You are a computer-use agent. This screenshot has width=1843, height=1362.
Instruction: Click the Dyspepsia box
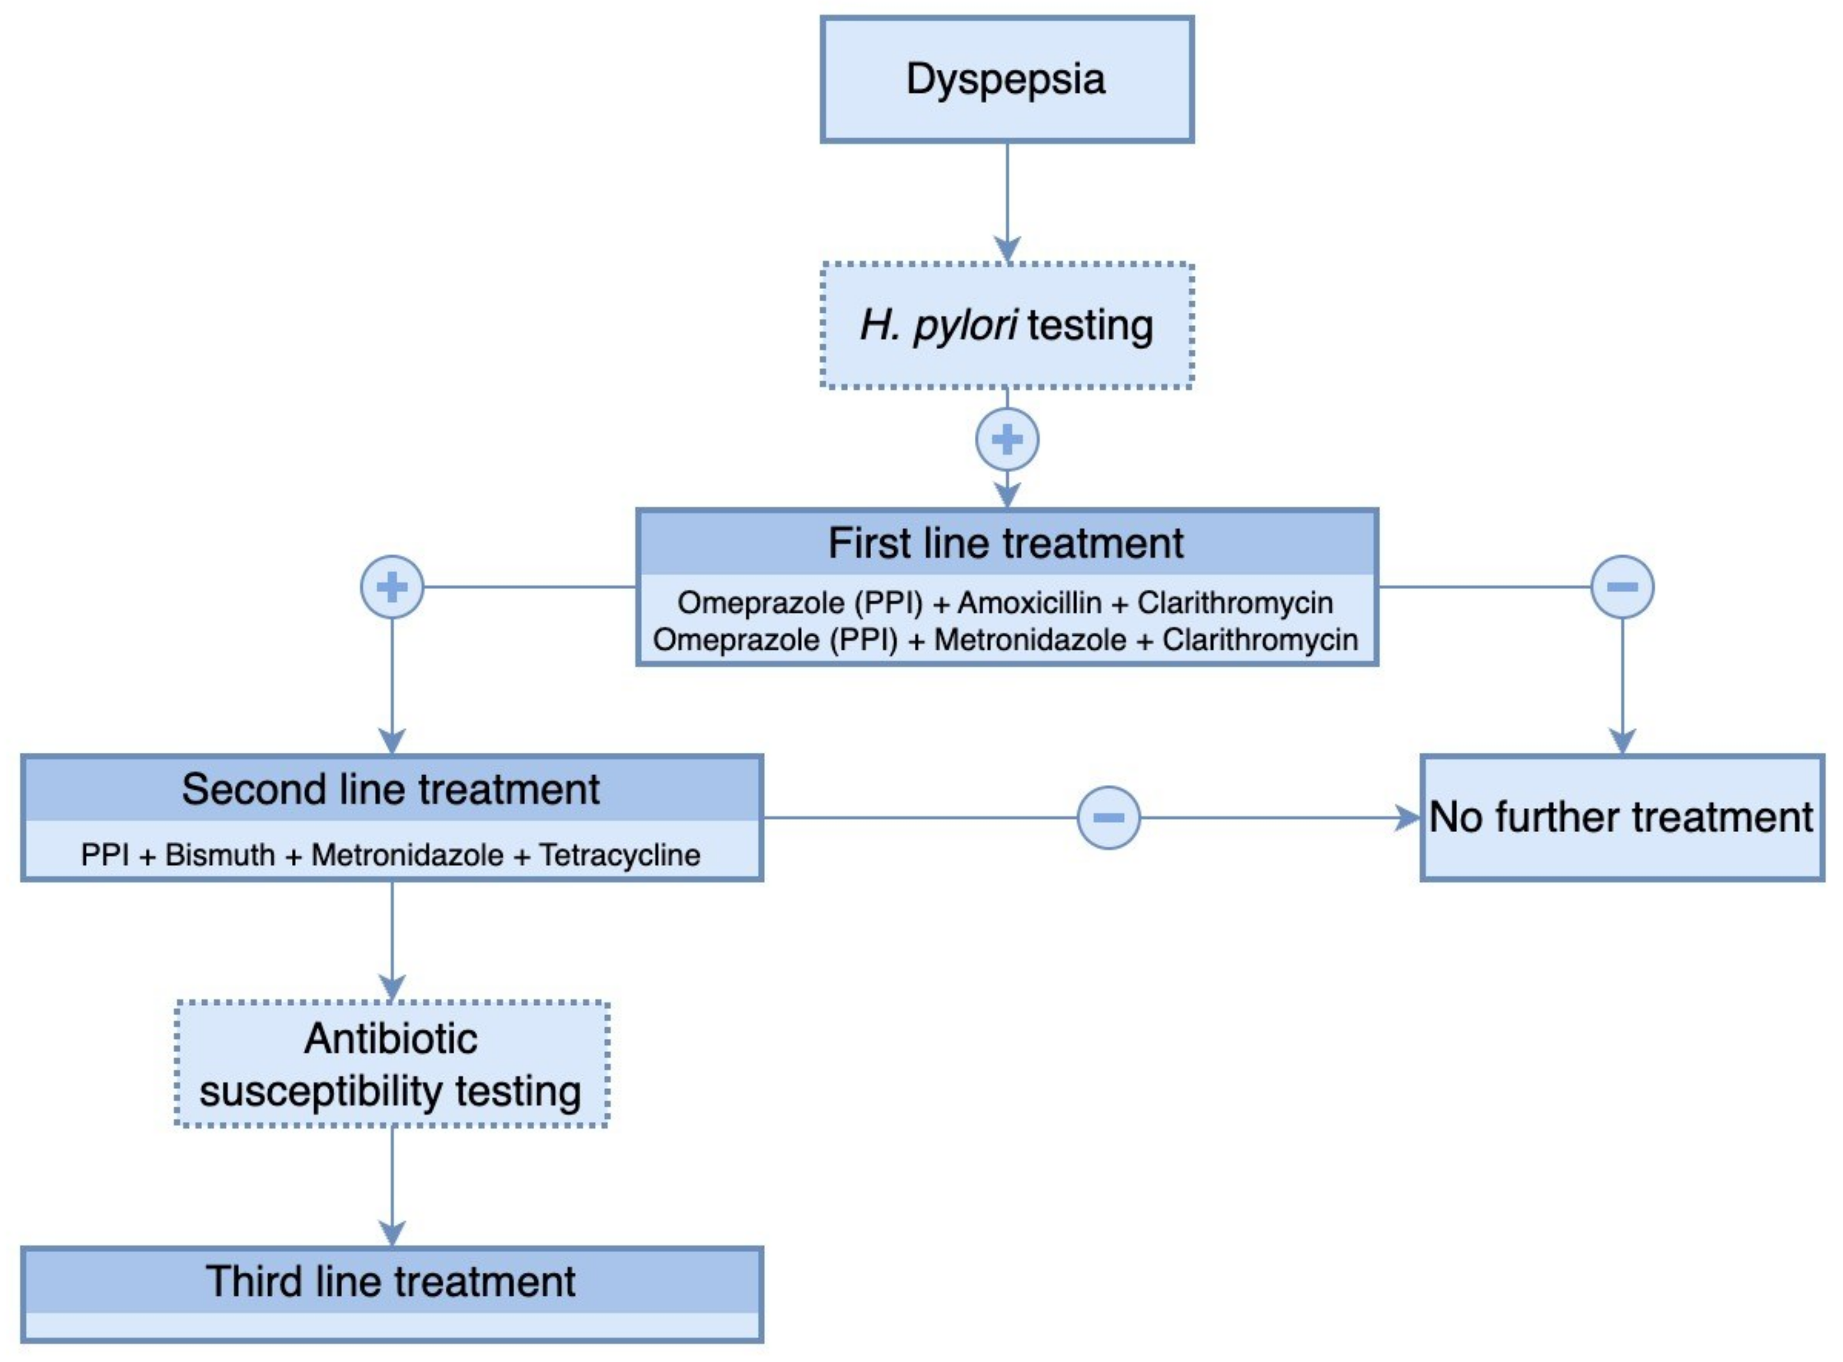coord(1006,79)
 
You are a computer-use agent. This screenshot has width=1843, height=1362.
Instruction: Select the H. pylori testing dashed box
coord(1006,325)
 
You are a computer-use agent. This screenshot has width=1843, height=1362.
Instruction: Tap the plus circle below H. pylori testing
coord(1006,439)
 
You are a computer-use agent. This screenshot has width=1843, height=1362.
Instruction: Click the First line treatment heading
coord(1006,543)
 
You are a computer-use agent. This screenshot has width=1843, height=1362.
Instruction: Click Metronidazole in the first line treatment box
coord(1029,640)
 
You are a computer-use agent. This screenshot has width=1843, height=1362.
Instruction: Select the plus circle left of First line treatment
coord(392,587)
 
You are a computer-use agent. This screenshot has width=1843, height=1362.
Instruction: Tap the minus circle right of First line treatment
coord(1622,587)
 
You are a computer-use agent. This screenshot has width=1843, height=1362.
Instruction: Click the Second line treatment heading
coord(391,789)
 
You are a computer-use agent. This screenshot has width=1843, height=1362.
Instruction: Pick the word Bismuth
coord(220,855)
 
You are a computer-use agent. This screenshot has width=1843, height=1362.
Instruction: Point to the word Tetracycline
coord(620,855)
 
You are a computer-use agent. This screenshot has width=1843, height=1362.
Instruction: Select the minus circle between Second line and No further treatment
coord(1108,818)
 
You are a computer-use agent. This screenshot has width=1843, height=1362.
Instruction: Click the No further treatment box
coord(1621,818)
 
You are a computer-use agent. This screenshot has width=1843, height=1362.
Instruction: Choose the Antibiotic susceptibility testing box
coord(392,1064)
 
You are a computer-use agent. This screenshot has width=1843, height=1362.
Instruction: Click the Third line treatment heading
coord(391,1281)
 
